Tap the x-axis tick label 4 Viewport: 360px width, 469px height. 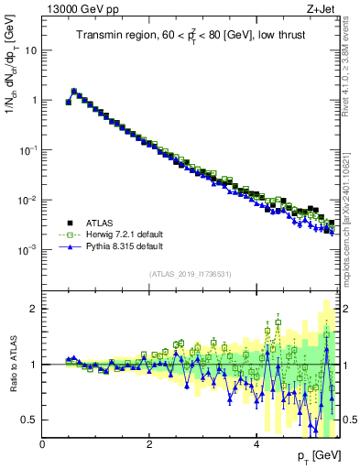coord(256,444)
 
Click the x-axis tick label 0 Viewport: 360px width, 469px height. coord(43,444)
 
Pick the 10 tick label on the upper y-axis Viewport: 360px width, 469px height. coord(29,50)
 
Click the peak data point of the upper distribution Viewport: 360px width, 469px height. coord(74,92)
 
